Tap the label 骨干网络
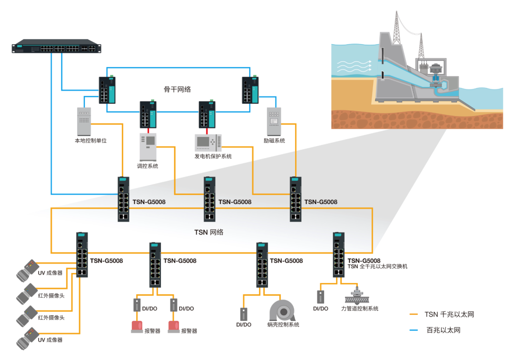(x=178, y=89)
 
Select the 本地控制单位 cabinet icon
(x=84, y=121)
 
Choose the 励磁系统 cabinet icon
(x=274, y=121)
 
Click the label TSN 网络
(x=208, y=233)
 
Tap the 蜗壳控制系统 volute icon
(x=283, y=310)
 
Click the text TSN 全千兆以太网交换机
(x=377, y=267)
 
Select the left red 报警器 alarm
(x=137, y=326)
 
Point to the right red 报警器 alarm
(x=174, y=326)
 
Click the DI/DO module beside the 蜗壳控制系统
(x=244, y=314)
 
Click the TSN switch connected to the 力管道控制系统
(x=339, y=254)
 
